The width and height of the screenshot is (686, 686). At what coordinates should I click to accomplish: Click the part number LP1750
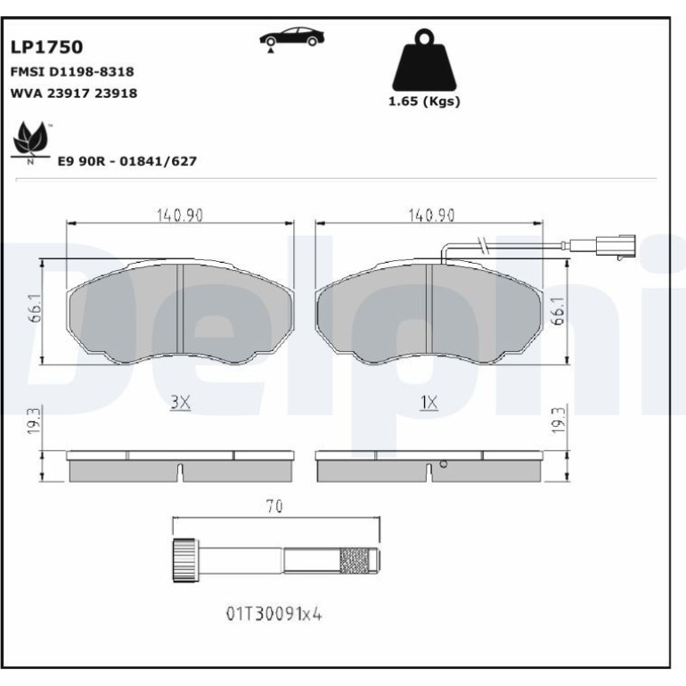pyautogui.click(x=46, y=47)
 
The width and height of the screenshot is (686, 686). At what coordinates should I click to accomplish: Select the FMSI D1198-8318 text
pyautogui.click(x=72, y=72)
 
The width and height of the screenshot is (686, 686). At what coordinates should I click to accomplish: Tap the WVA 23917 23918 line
pyautogui.click(x=73, y=94)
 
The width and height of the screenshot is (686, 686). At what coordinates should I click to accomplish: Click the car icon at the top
pyautogui.click(x=292, y=38)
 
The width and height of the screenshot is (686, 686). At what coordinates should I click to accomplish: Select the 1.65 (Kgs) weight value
pyautogui.click(x=424, y=102)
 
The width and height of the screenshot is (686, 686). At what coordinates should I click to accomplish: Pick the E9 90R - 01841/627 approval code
pyautogui.click(x=127, y=161)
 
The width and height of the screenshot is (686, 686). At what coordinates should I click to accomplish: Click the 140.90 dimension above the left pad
pyautogui.click(x=180, y=216)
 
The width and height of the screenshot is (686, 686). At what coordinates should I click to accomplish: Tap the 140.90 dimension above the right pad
pyautogui.click(x=431, y=216)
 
